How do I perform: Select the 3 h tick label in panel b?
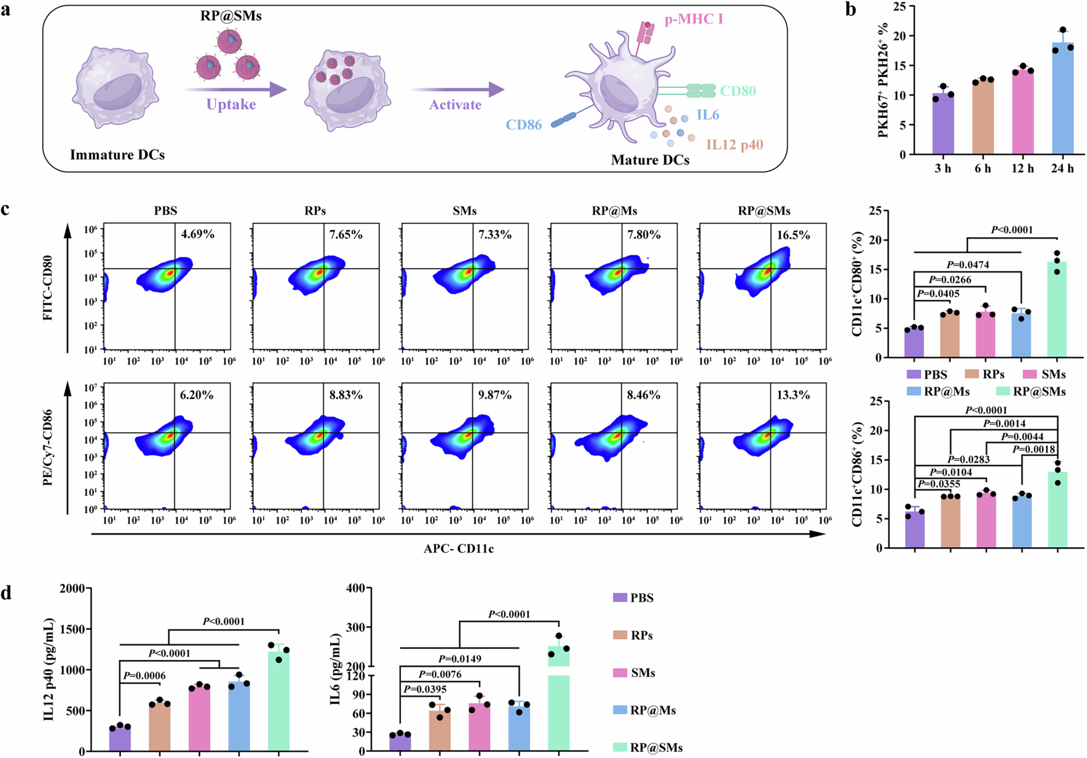point(943,169)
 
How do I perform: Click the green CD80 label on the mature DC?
point(738,91)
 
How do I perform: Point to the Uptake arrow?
point(235,89)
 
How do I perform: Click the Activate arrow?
point(457,89)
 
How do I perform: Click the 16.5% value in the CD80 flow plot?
point(793,235)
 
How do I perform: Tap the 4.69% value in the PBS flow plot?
point(197,234)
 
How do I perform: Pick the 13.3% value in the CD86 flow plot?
point(793,395)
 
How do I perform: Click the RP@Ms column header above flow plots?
point(614,211)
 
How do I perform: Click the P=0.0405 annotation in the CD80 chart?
point(938,294)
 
